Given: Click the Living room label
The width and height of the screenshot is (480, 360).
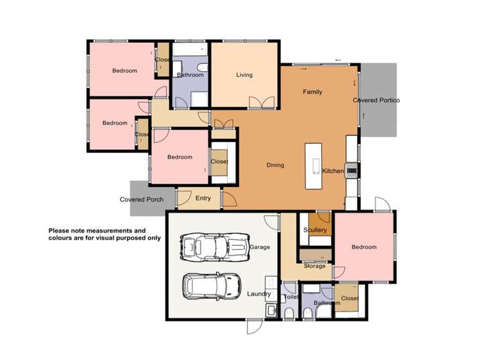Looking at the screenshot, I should click(244, 75).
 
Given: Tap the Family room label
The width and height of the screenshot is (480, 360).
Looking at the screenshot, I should click(313, 92).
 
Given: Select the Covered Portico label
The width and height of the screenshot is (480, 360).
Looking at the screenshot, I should click(376, 101).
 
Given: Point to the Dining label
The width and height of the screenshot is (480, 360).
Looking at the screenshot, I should click(275, 165).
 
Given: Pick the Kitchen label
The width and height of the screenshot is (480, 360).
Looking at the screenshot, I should click(333, 171).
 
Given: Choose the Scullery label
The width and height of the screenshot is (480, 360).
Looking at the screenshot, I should click(315, 230).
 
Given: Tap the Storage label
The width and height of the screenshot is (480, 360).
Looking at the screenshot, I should click(315, 266).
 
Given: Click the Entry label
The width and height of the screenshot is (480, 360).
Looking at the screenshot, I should click(203, 199).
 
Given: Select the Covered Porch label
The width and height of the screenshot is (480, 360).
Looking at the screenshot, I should click(142, 199).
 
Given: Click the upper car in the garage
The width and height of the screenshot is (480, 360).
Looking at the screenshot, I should click(211, 246).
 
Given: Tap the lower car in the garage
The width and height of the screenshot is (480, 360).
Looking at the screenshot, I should click(211, 286).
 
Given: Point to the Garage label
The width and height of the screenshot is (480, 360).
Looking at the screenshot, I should click(260, 247).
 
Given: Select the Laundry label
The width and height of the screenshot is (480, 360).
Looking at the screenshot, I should click(259, 294).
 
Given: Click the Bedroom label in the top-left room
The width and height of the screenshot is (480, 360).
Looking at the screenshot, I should click(124, 71).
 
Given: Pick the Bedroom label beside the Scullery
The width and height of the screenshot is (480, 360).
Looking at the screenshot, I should click(364, 247).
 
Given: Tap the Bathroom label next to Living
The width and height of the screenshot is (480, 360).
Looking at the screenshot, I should click(190, 75).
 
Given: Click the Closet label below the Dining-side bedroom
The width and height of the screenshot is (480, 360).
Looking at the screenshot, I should click(349, 299).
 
